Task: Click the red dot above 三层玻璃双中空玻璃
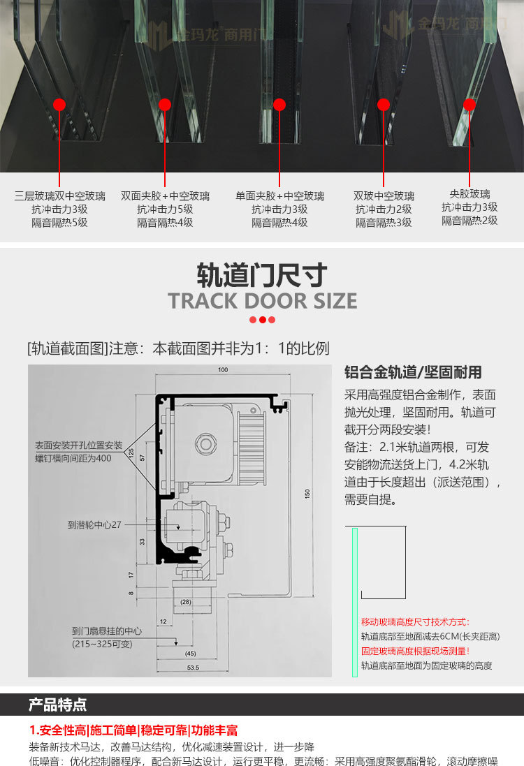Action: coord(59,105)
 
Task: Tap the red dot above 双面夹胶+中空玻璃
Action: coord(165,105)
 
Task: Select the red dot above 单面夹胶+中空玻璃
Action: coord(279,105)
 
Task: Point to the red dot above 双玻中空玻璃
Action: coord(384,105)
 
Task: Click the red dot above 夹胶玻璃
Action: coord(470,105)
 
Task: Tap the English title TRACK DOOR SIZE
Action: coord(262,301)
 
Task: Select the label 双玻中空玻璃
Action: coord(384,196)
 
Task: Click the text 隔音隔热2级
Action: coord(470,220)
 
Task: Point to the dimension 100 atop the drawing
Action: coord(223,369)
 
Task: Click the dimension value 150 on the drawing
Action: coord(307,494)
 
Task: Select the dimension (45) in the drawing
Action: coord(190,654)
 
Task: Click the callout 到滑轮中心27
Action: coord(94,524)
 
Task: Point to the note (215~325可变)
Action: coord(102,644)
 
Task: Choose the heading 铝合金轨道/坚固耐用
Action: coord(413,372)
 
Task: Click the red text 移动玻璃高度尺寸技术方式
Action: coord(416,622)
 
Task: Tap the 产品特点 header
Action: coord(58,704)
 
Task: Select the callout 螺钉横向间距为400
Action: coord(73,458)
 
